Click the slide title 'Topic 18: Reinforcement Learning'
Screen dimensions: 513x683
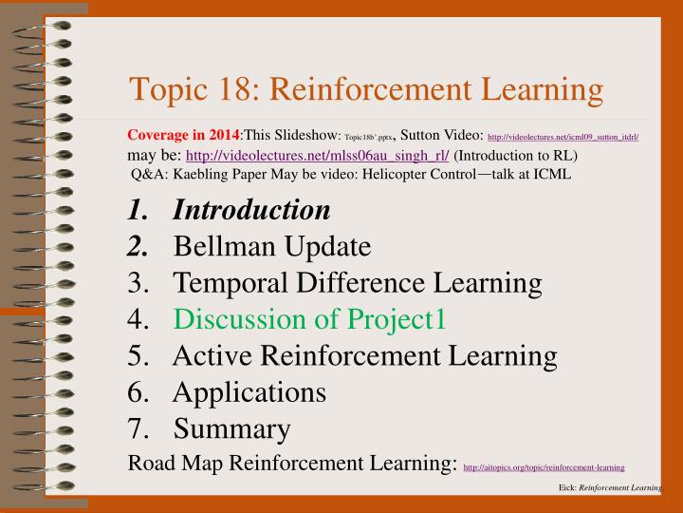tap(366, 90)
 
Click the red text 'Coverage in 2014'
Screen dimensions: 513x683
tap(182, 137)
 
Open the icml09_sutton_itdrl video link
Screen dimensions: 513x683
tap(563, 138)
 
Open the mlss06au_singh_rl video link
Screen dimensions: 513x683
tap(318, 155)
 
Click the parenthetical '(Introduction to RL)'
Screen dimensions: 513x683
tap(516, 155)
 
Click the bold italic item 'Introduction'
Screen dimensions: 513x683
tap(251, 210)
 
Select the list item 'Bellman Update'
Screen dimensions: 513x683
tap(272, 247)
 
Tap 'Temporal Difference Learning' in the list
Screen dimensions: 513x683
tap(358, 283)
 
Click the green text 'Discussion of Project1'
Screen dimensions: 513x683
tap(309, 319)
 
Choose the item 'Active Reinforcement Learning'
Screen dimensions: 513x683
tap(365, 355)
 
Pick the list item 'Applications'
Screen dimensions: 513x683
tap(249, 391)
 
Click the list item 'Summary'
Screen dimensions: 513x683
tap(231, 428)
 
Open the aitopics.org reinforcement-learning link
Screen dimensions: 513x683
tap(544, 467)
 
